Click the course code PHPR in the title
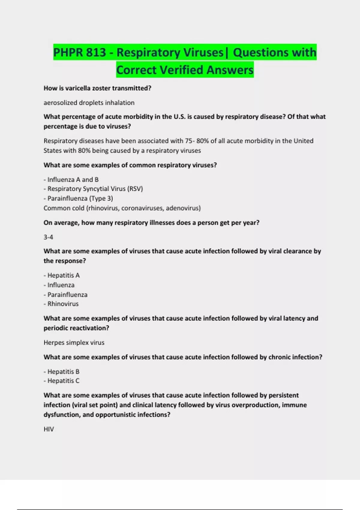(x=68, y=52)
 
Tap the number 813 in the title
(x=96, y=52)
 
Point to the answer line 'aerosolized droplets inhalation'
(x=89, y=103)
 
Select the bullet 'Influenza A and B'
(x=73, y=179)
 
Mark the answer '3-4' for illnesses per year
(x=48, y=237)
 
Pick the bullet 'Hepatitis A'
(x=63, y=275)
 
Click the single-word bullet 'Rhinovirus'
(x=63, y=304)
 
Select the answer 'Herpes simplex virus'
(x=74, y=342)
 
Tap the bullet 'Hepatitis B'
(x=63, y=371)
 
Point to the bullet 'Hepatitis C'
(x=63, y=381)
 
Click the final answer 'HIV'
(x=49, y=429)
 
